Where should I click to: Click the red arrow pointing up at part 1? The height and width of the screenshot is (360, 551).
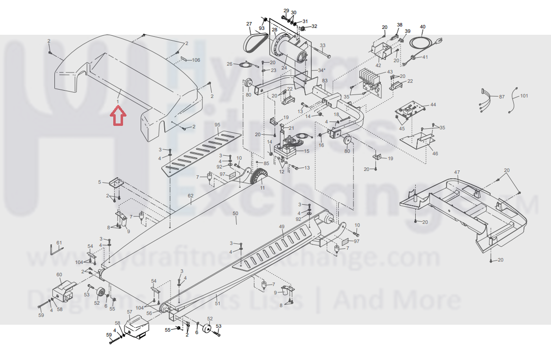tap(118, 117)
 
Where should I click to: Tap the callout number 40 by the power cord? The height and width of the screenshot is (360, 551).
tap(422, 27)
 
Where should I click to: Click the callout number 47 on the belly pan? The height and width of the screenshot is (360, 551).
tap(457, 172)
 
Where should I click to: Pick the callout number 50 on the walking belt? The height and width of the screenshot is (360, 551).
tap(235, 214)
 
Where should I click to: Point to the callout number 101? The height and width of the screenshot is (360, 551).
tap(524, 96)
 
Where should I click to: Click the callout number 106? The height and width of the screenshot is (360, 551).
tap(196, 60)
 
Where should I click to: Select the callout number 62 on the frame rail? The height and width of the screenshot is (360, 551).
tap(191, 196)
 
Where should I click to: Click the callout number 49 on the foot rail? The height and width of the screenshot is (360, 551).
tap(281, 227)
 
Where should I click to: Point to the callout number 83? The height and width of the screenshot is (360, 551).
tap(324, 80)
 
